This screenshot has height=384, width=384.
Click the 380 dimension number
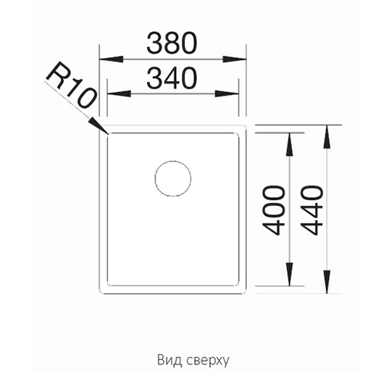[172, 43]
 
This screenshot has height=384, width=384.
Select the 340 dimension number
[172, 78]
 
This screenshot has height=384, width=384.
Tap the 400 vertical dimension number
[273, 210]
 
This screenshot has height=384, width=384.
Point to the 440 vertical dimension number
[312, 210]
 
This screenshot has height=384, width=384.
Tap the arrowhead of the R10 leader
[99, 125]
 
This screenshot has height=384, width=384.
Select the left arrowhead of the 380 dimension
[111, 59]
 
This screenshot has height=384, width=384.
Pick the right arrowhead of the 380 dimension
[234, 59]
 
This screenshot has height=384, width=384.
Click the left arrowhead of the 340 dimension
[120, 93]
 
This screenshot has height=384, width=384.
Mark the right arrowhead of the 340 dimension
[227, 93]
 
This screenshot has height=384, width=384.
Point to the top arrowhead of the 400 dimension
[290, 144]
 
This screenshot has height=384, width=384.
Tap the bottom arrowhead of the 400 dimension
[290, 275]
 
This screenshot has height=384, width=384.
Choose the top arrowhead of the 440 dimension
[327, 137]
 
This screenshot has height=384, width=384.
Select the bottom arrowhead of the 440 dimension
[327, 282]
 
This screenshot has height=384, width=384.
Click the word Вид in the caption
[170, 360]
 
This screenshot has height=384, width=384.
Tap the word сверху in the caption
[208, 361]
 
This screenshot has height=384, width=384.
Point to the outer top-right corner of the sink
[246, 125]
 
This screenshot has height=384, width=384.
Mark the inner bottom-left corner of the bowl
[107, 285]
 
